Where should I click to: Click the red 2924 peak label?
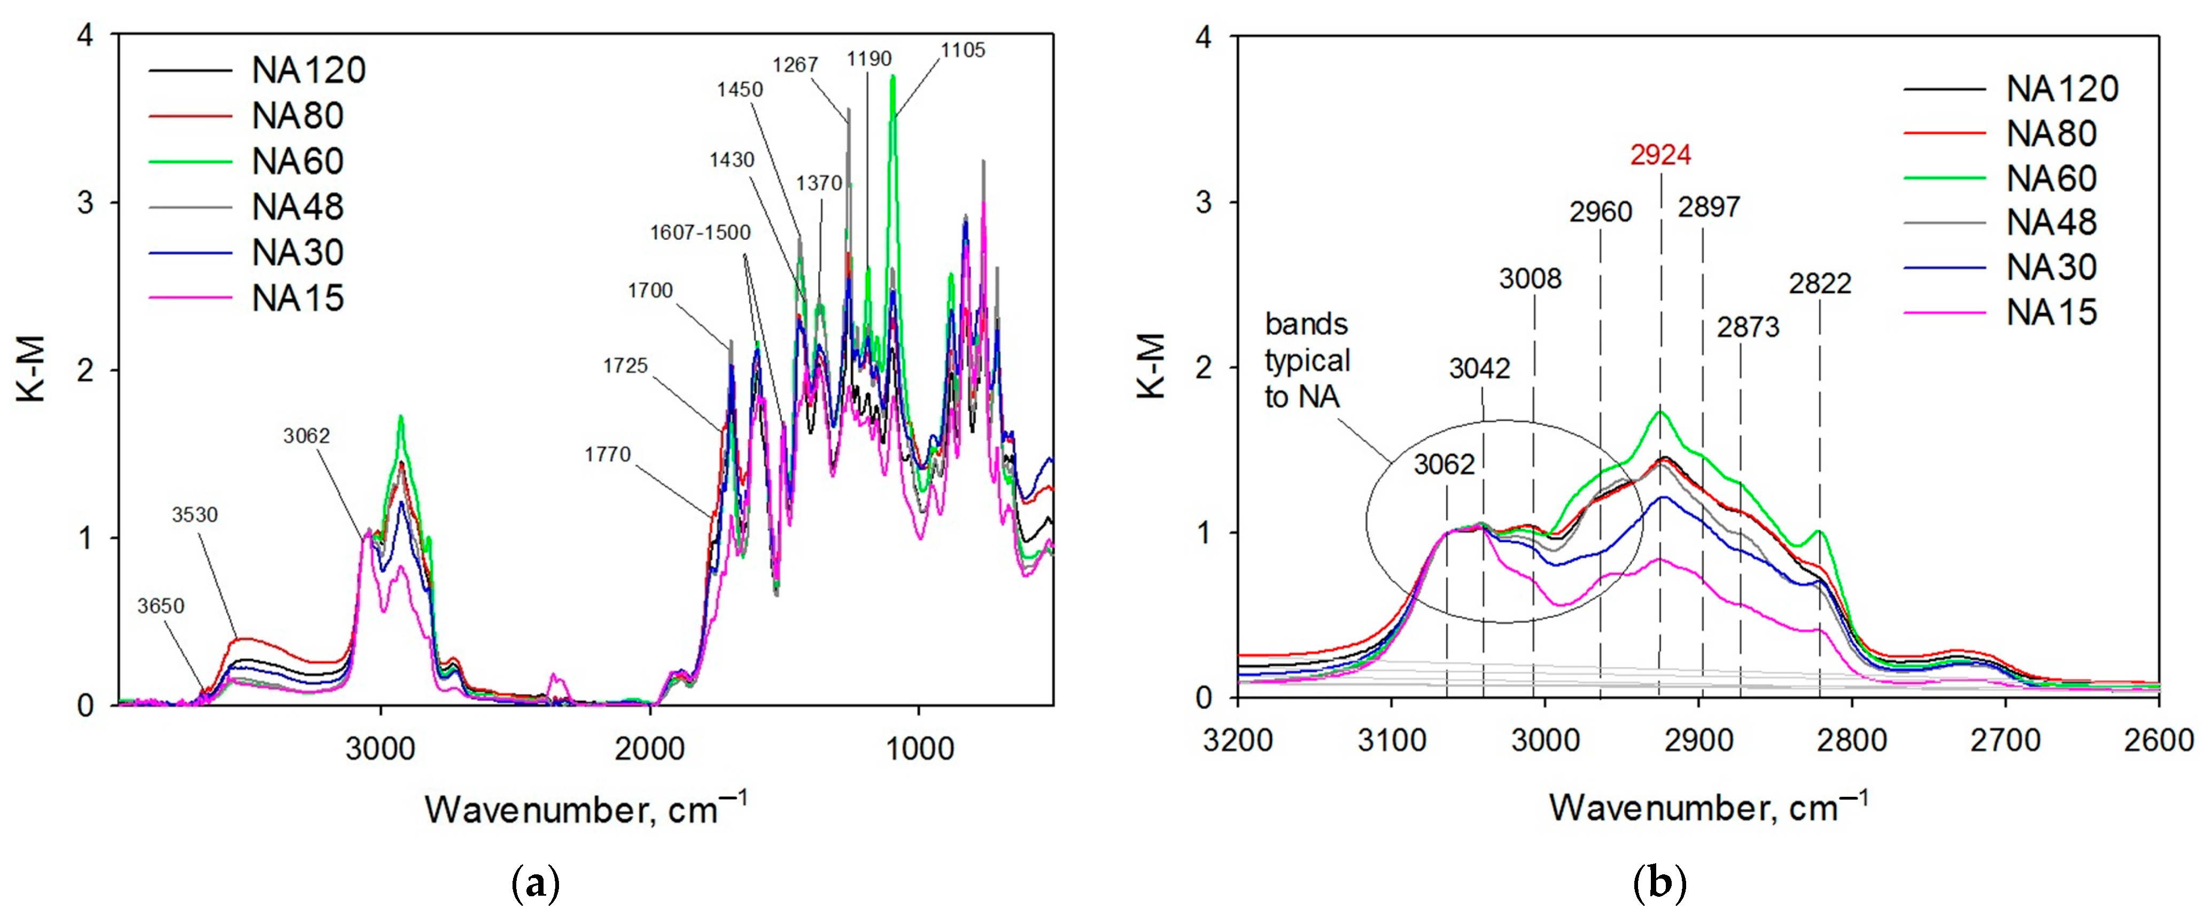pos(1660,155)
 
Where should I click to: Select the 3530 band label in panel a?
pos(195,515)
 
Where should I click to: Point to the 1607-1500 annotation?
pos(700,233)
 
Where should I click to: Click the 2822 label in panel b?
pos(1820,283)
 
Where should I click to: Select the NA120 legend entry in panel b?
pos(2061,89)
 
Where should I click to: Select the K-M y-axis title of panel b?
pos(1152,366)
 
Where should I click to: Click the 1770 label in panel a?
pos(608,454)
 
